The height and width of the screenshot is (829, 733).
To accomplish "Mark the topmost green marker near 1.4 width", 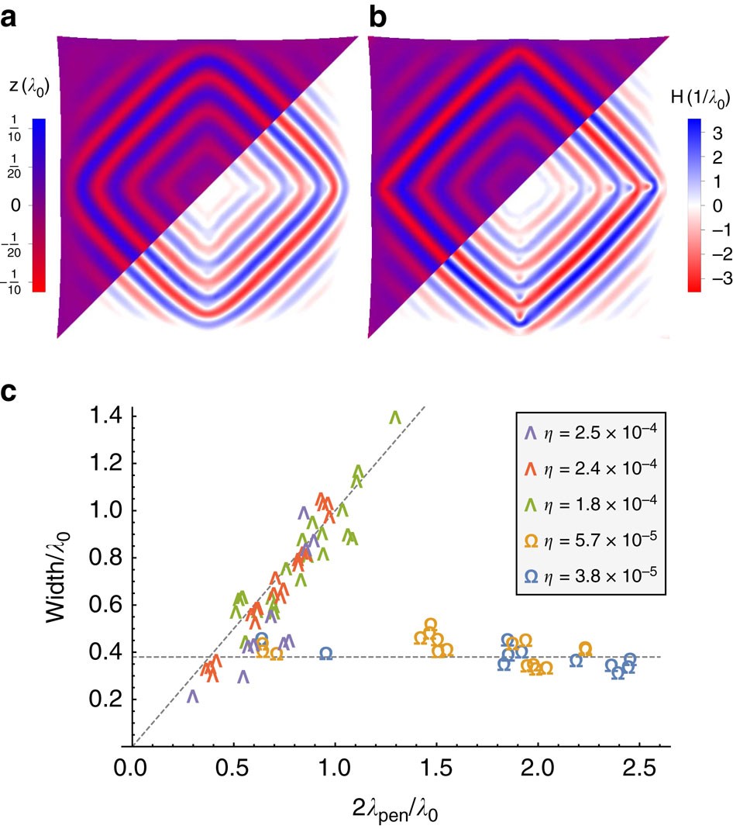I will pos(395,417).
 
